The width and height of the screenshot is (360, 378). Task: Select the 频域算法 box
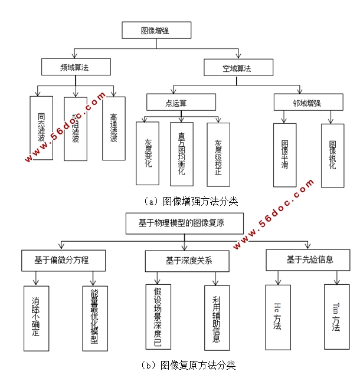point(76,67)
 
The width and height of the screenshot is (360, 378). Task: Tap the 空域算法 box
point(238,68)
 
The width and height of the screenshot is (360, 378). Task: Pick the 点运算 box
point(176,103)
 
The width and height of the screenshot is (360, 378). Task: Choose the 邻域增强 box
point(306,103)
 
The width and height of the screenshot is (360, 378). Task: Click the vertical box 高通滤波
point(114,128)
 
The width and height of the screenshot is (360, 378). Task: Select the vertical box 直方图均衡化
point(182,152)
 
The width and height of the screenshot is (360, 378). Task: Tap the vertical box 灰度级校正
point(218,152)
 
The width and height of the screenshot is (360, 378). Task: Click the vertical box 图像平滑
point(285,155)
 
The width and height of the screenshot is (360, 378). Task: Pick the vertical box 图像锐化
point(332,155)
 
